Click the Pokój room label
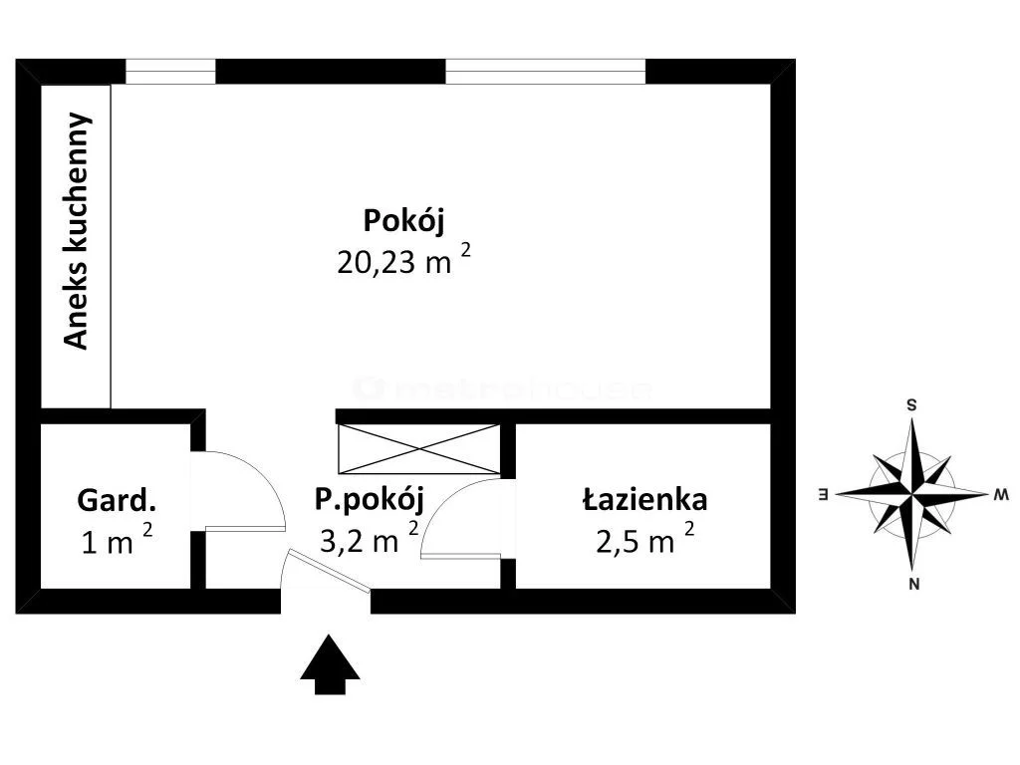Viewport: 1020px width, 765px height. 404,221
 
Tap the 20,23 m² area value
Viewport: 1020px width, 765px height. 403,260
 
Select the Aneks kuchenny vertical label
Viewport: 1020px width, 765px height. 76,231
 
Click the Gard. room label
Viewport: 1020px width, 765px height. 117,500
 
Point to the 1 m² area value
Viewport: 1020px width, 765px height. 118,540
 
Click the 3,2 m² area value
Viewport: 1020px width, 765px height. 370,538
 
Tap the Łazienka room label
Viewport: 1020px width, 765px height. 644,500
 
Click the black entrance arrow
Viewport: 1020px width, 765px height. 330,664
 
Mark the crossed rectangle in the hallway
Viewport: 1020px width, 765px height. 419,449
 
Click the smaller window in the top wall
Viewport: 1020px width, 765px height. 170,72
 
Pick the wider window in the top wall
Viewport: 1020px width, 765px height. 546,72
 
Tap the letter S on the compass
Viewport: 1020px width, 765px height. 912,405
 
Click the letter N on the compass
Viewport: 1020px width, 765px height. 914,584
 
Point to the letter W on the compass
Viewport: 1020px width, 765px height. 1001,495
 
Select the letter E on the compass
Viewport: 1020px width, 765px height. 823,494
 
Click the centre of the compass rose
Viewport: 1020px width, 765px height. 912,494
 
